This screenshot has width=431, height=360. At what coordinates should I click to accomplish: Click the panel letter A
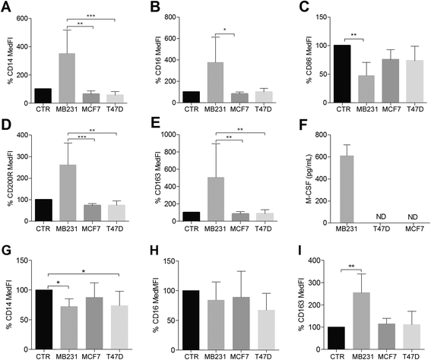click(7, 6)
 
